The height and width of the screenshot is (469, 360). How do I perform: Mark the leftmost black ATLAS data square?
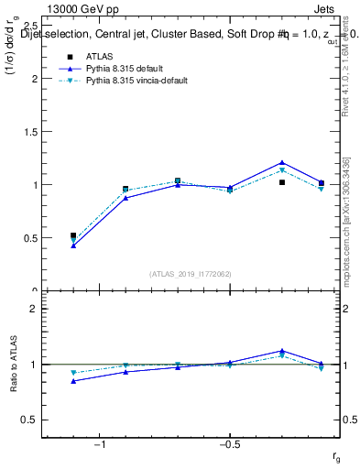coord(73,235)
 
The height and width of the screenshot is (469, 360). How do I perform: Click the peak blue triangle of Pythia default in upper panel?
coord(282,163)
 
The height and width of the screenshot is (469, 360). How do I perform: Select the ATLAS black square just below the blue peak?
coord(282,182)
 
